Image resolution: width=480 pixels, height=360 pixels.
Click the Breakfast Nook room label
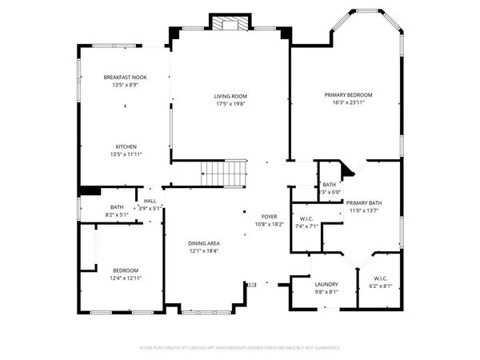coord(124,77)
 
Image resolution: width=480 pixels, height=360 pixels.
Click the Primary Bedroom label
coord(348,95)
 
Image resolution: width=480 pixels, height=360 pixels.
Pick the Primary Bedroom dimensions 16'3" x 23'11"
coord(348,103)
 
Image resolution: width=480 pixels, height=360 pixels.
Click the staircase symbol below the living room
coord(220,171)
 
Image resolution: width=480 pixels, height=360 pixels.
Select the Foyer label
coord(269,217)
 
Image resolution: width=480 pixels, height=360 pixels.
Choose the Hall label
coord(150,200)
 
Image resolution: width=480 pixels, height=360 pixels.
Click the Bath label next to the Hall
coord(116,207)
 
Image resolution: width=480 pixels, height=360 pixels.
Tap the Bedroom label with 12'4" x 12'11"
coord(126,270)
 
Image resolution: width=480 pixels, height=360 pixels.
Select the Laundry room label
coord(326,284)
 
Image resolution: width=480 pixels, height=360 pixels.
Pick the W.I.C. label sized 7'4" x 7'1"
coord(306,218)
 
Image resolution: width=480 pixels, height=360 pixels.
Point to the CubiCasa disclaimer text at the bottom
coord(241,348)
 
